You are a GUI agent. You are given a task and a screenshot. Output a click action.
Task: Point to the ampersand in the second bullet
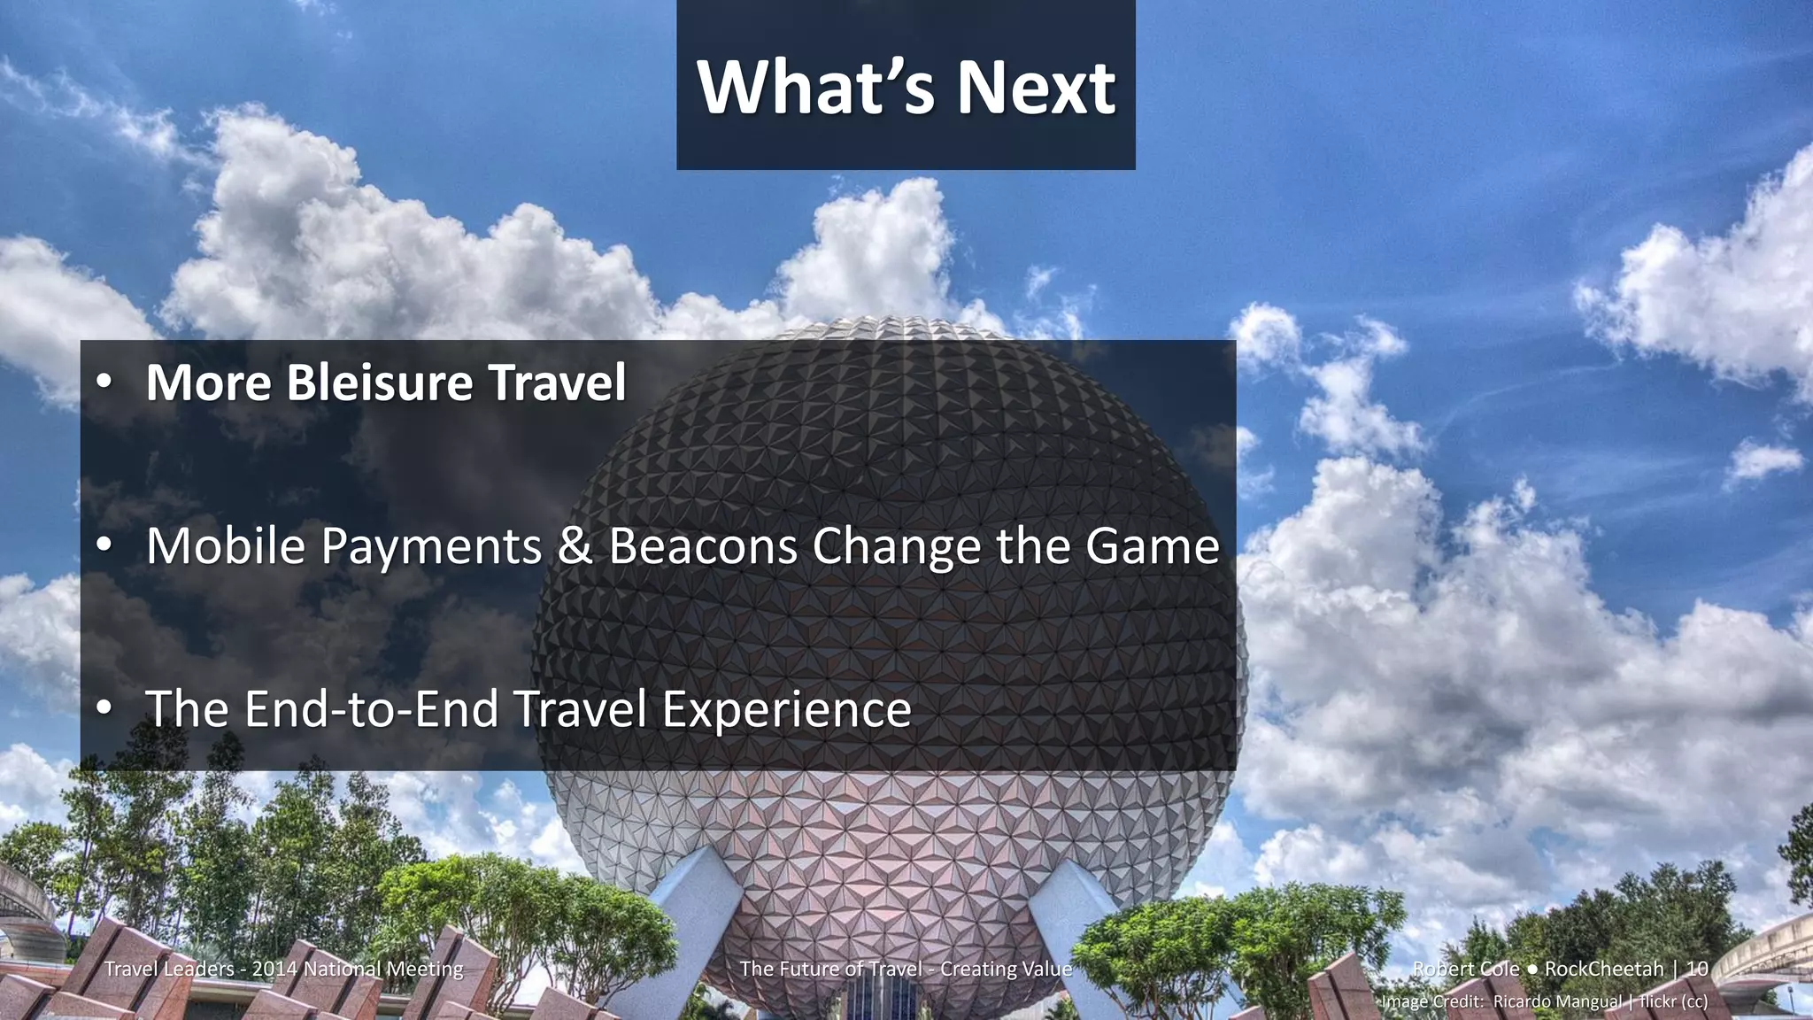point(575,546)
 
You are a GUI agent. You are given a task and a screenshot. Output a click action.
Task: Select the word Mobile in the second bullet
point(226,546)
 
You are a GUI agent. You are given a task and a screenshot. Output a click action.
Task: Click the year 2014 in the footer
point(274,969)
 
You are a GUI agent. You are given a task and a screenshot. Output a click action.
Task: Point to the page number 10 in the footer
point(1697,969)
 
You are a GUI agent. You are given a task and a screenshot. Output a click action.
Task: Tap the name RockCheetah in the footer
point(1604,969)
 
